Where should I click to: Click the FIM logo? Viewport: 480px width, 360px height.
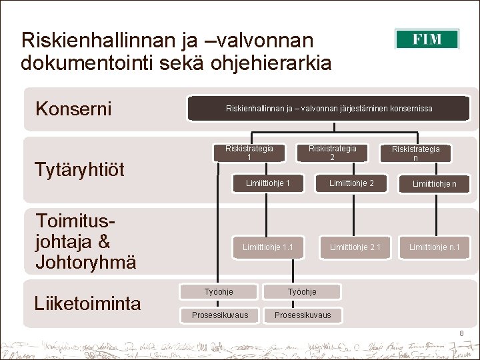[427, 39]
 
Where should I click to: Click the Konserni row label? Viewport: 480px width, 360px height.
[73, 109]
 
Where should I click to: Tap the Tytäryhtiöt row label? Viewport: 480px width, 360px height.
[79, 169]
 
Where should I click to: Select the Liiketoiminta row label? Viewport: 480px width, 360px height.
[87, 304]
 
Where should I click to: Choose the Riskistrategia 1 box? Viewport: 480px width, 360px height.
[249, 153]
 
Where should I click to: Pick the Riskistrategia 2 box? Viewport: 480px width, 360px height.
[332, 153]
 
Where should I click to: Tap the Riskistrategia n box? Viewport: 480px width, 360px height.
[415, 153]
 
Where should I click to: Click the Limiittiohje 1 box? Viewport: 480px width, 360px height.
[267, 183]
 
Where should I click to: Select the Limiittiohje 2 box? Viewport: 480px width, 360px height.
[351, 183]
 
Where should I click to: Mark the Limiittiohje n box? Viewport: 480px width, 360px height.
[434, 184]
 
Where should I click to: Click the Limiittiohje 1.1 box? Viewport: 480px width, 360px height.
[268, 247]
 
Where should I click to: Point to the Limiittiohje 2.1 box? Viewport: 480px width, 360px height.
[355, 247]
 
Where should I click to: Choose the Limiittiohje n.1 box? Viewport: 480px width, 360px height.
[434, 247]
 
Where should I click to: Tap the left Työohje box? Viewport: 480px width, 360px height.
[219, 292]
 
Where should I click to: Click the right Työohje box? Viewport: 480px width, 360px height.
[302, 292]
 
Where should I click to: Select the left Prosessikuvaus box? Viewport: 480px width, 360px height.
[219, 315]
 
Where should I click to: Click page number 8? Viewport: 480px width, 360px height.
[461, 333]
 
